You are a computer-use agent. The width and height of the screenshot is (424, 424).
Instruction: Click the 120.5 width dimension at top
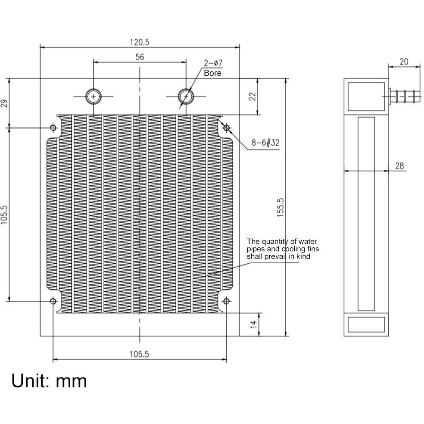140,42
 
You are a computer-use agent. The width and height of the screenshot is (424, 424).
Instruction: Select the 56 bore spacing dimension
140,57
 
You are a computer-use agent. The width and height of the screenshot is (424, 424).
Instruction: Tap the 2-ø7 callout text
213,63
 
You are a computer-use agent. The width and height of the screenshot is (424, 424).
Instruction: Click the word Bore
213,73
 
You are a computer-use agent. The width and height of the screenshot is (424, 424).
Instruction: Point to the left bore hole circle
93,96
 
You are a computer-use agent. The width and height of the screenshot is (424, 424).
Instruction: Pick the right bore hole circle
186,96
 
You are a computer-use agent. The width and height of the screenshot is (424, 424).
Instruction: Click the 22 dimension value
253,96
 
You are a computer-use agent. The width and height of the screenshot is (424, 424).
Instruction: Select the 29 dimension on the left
5,103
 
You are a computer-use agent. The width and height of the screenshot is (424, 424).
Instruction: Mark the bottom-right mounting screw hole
226,301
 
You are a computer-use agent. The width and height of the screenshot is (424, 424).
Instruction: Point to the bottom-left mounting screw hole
53,301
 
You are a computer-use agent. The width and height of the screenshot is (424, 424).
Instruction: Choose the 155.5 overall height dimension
280,207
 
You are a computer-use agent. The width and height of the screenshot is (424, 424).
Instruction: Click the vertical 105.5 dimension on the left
5,214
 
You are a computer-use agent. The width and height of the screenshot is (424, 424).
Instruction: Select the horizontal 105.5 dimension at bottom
140,354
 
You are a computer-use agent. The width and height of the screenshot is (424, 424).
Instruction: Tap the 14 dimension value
253,324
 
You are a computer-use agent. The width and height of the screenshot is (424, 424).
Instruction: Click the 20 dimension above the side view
404,62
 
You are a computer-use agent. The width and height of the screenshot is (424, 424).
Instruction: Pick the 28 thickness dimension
400,165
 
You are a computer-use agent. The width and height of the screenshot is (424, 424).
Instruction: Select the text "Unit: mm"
49,381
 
